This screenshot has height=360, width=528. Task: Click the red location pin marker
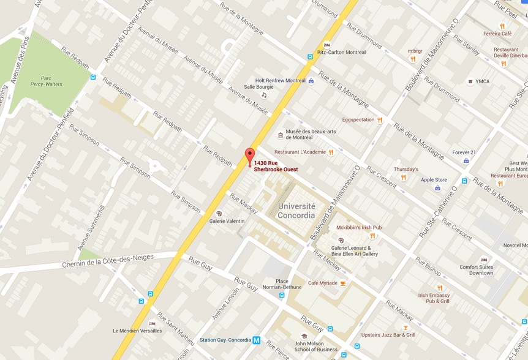(249, 156)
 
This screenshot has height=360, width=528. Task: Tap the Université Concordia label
(296, 211)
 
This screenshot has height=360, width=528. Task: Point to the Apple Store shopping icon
(437, 188)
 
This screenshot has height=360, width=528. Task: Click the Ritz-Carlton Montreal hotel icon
(327, 45)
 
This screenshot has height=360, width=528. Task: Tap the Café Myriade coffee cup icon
(343, 283)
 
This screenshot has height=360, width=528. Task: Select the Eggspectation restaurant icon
(380, 120)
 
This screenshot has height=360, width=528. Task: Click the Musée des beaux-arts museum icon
(281, 135)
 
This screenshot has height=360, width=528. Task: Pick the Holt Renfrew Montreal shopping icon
(311, 81)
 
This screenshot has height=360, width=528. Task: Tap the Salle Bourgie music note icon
(264, 95)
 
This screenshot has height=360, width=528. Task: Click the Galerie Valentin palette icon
(219, 214)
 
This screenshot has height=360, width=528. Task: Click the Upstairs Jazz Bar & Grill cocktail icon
(405, 328)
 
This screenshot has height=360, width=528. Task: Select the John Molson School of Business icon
(304, 336)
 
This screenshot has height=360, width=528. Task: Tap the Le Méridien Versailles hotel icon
(152, 323)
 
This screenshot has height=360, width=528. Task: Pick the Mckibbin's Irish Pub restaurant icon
(372, 236)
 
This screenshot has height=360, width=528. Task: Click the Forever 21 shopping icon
(466, 160)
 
